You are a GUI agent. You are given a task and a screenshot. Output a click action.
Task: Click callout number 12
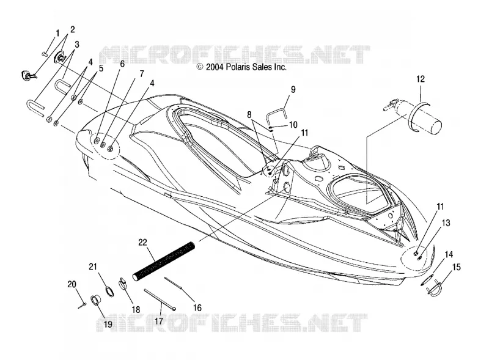[x=421, y=79]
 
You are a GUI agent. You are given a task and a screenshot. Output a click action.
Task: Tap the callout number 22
[x=142, y=243]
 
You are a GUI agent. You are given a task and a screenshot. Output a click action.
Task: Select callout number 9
[x=293, y=89]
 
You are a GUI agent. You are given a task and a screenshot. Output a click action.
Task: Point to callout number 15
[x=456, y=267]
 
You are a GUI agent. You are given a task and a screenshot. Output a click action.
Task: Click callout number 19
[x=108, y=324]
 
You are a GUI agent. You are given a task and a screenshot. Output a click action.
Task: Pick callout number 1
[x=57, y=33]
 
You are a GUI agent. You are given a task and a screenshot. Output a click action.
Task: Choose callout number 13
[x=446, y=222]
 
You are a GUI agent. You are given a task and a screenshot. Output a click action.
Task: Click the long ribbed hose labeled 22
[x=164, y=261]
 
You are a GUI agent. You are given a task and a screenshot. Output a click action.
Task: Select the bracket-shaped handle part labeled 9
[x=277, y=109]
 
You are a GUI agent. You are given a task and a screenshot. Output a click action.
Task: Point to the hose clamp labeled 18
[x=124, y=284]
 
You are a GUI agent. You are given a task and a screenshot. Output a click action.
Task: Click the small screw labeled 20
[x=83, y=306]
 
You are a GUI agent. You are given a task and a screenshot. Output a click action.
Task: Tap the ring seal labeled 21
[x=109, y=291]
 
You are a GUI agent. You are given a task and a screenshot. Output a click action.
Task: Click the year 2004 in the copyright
[x=215, y=67]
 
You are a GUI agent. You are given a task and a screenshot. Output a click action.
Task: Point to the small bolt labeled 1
[x=44, y=54]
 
